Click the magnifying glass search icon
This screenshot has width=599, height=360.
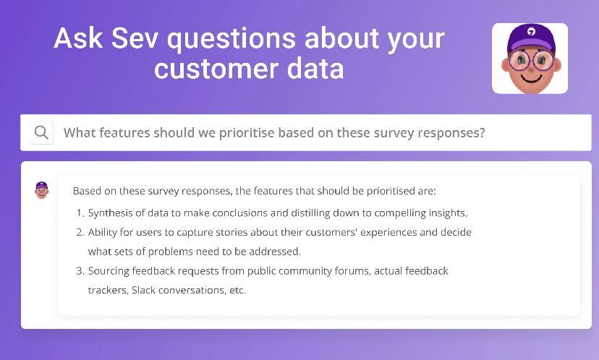[x=41, y=132]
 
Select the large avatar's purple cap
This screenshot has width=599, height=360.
[x=530, y=38]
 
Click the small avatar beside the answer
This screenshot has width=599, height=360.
[x=42, y=191]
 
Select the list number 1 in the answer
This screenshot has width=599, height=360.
[x=80, y=213]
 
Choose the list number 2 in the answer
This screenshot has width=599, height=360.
[x=80, y=233]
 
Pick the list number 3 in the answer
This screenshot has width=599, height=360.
[x=80, y=271]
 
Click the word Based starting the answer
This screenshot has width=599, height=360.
[x=87, y=192]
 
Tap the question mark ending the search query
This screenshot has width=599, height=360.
[x=481, y=133]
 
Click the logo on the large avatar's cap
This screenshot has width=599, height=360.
[x=531, y=33]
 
